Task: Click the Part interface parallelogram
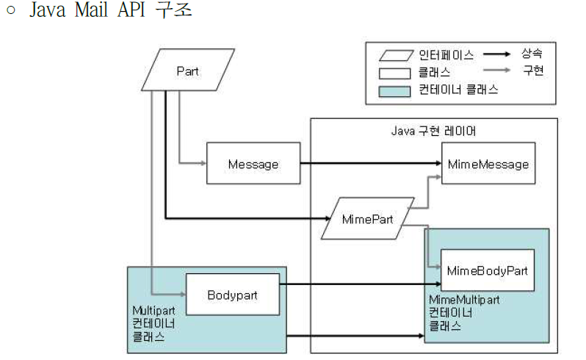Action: point(188,70)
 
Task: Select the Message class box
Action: point(253,163)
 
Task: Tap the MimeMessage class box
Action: point(488,163)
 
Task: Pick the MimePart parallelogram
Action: point(368,219)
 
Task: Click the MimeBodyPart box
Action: point(488,270)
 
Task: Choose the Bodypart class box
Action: point(233,295)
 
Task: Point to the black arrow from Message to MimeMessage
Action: point(371,163)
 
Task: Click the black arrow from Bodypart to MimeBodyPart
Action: point(361,284)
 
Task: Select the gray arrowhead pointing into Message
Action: point(203,163)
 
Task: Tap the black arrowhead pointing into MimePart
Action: point(328,218)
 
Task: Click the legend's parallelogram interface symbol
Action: point(396,55)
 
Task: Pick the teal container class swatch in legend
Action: point(394,92)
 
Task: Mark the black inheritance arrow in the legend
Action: point(496,54)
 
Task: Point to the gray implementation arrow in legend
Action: point(496,70)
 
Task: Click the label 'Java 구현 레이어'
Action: point(433,131)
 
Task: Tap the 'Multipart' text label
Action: point(153,310)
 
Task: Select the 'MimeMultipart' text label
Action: point(464,300)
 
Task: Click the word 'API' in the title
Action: point(131,10)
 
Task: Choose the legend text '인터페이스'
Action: point(446,55)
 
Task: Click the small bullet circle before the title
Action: point(11,10)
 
